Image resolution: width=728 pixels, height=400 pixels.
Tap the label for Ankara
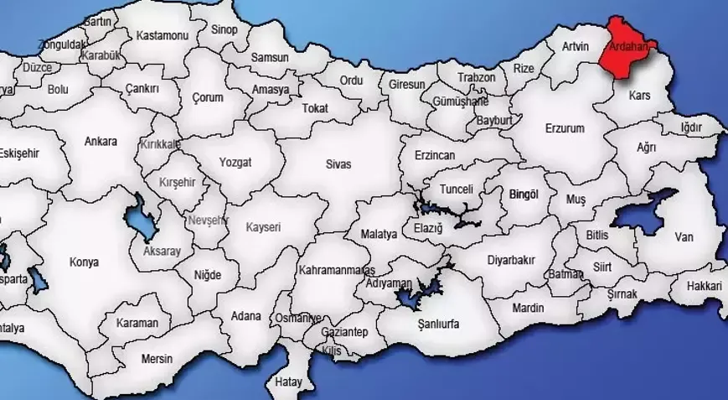[x=101, y=142]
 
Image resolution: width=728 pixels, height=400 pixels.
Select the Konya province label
[x=84, y=262]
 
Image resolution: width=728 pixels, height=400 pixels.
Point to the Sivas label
[x=338, y=164]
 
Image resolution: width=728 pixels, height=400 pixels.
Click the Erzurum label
[x=565, y=128]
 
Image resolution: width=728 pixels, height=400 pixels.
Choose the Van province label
[x=684, y=237]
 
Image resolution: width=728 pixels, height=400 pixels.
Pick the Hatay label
[x=289, y=382]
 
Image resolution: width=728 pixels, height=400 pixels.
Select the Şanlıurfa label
[x=439, y=323]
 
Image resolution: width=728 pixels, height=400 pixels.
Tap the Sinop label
[x=225, y=29]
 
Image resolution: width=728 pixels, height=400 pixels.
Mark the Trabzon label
[x=477, y=78]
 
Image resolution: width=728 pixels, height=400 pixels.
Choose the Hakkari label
[x=704, y=286]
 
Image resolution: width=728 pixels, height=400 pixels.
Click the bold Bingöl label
[x=524, y=194]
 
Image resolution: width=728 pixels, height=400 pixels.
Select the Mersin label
[x=157, y=359]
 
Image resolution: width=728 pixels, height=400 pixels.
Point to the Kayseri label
[x=263, y=227]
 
